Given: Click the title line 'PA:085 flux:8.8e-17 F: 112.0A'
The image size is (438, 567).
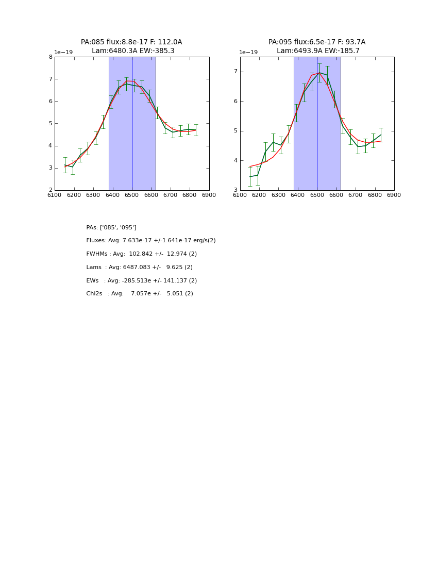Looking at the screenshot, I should click(131, 42).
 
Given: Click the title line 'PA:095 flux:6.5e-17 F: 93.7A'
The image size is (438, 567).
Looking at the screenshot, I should click(317, 42).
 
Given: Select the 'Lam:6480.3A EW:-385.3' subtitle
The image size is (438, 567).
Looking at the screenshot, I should click(133, 51).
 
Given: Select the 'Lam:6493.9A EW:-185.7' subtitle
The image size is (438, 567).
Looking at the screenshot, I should click(318, 51).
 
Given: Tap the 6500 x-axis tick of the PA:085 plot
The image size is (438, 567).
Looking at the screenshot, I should click(132, 195).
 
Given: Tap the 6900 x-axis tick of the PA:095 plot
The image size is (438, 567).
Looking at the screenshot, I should click(394, 195).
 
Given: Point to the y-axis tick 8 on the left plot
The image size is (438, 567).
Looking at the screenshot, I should click(50, 57).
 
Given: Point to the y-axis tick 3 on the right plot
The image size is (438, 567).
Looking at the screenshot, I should click(235, 190).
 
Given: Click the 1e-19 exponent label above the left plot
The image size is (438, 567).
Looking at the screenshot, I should click(63, 53).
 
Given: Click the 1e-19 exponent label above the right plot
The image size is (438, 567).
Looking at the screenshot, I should click(248, 53).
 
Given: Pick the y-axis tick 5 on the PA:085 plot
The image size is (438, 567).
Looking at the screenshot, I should click(50, 124).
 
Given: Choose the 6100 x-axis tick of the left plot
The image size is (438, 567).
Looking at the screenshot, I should click(55, 195).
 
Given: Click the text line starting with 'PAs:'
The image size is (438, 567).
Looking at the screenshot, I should click(111, 228).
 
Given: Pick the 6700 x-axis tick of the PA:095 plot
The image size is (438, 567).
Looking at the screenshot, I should click(356, 195).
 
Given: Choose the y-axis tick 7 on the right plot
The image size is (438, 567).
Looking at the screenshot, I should click(235, 72).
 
